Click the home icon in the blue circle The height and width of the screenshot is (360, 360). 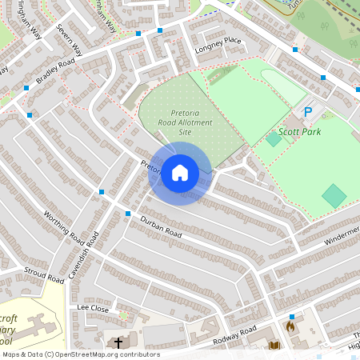click(180, 172)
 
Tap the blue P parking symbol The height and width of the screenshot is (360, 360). click(307, 114)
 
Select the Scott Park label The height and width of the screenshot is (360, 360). click(299, 131)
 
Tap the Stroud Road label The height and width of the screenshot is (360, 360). click(44, 274)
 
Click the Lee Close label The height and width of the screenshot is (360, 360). click(92, 307)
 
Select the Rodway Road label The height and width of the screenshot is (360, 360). click(234, 337)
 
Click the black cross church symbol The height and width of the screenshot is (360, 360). click(118, 342)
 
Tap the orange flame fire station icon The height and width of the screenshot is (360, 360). click(290, 326)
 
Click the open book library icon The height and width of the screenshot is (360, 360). click(274, 346)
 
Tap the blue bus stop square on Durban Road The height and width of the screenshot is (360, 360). click(127, 213)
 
